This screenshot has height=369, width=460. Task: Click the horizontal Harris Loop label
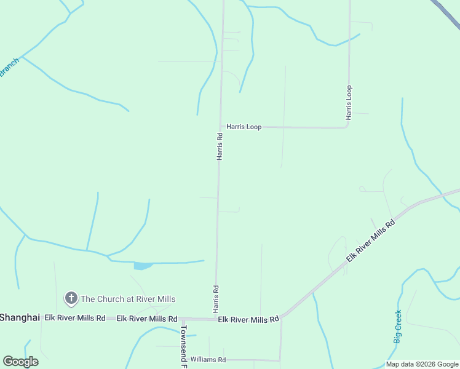pyautogui.click(x=244, y=127)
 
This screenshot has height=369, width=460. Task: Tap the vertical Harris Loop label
pyautogui.click(x=349, y=102)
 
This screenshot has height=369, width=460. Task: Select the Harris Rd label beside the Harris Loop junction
pyautogui.click(x=220, y=146)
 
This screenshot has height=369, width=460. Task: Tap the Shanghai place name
pyautogui.click(x=20, y=317)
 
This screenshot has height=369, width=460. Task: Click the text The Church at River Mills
pyautogui.click(x=128, y=299)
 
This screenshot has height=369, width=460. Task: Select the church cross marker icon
pyautogui.click(x=71, y=299)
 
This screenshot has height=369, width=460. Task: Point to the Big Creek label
pyautogui.click(x=398, y=327)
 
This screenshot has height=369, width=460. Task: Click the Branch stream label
pyautogui.click(x=9, y=68)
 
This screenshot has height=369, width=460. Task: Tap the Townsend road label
pyautogui.click(x=183, y=346)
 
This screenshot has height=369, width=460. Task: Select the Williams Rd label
pyautogui.click(x=208, y=359)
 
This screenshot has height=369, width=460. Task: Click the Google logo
pyautogui.click(x=20, y=362)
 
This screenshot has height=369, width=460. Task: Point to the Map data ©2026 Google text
pyautogui.click(x=422, y=364)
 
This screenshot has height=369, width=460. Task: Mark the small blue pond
pyautogui.click(x=143, y=266)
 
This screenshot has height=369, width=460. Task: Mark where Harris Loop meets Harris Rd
pyautogui.click(x=221, y=127)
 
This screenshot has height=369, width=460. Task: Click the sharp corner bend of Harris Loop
pyautogui.click(x=348, y=126)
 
